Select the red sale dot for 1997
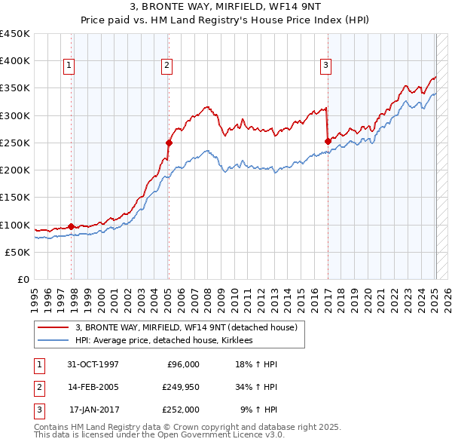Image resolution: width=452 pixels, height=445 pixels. tap(71, 226)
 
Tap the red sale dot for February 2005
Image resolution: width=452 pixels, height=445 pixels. tap(169, 142)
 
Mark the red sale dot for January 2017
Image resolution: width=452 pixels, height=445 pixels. tap(328, 141)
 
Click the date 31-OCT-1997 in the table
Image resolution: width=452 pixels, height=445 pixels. tap(93, 364)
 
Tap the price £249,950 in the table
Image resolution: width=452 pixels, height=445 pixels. tap(181, 387)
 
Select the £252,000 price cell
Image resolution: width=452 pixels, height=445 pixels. tap(181, 410)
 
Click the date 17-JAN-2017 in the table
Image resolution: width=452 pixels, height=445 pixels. tap(93, 410)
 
